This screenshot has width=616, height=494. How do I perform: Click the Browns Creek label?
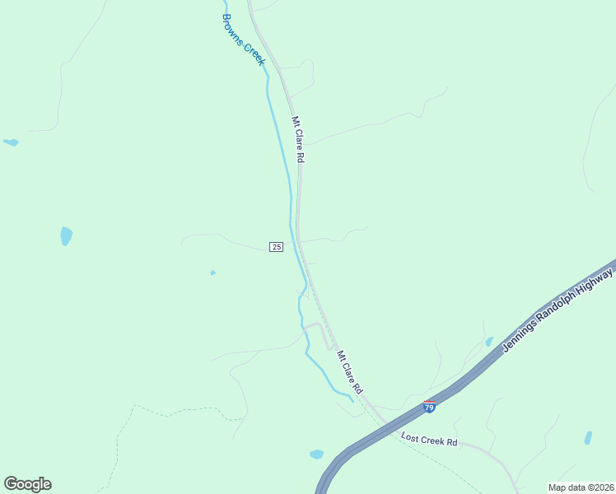(x=244, y=40)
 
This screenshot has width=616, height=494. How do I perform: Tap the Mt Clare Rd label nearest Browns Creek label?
(x=298, y=138)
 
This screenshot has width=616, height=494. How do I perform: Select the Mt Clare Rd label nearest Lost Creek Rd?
(x=349, y=371)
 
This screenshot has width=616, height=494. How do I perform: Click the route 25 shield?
(x=277, y=247)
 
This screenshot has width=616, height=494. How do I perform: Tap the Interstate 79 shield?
(x=429, y=407)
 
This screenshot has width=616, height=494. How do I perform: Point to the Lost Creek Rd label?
(x=428, y=440)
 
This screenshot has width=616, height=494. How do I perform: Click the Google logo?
(x=27, y=484)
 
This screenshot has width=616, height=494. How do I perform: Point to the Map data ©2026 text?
(x=581, y=487)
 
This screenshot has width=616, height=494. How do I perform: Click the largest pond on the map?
(x=66, y=236)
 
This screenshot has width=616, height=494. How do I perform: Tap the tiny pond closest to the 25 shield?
(x=213, y=273)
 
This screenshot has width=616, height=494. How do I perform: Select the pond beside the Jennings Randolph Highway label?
(x=489, y=342)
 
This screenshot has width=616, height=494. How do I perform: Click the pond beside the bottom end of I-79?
(x=316, y=454)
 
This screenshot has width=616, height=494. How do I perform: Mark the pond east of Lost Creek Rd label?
(x=587, y=437)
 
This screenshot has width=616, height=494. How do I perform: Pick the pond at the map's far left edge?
(x=11, y=142)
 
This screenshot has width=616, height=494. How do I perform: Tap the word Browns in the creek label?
(x=233, y=28)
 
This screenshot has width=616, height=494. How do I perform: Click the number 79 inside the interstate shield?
(x=429, y=408)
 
